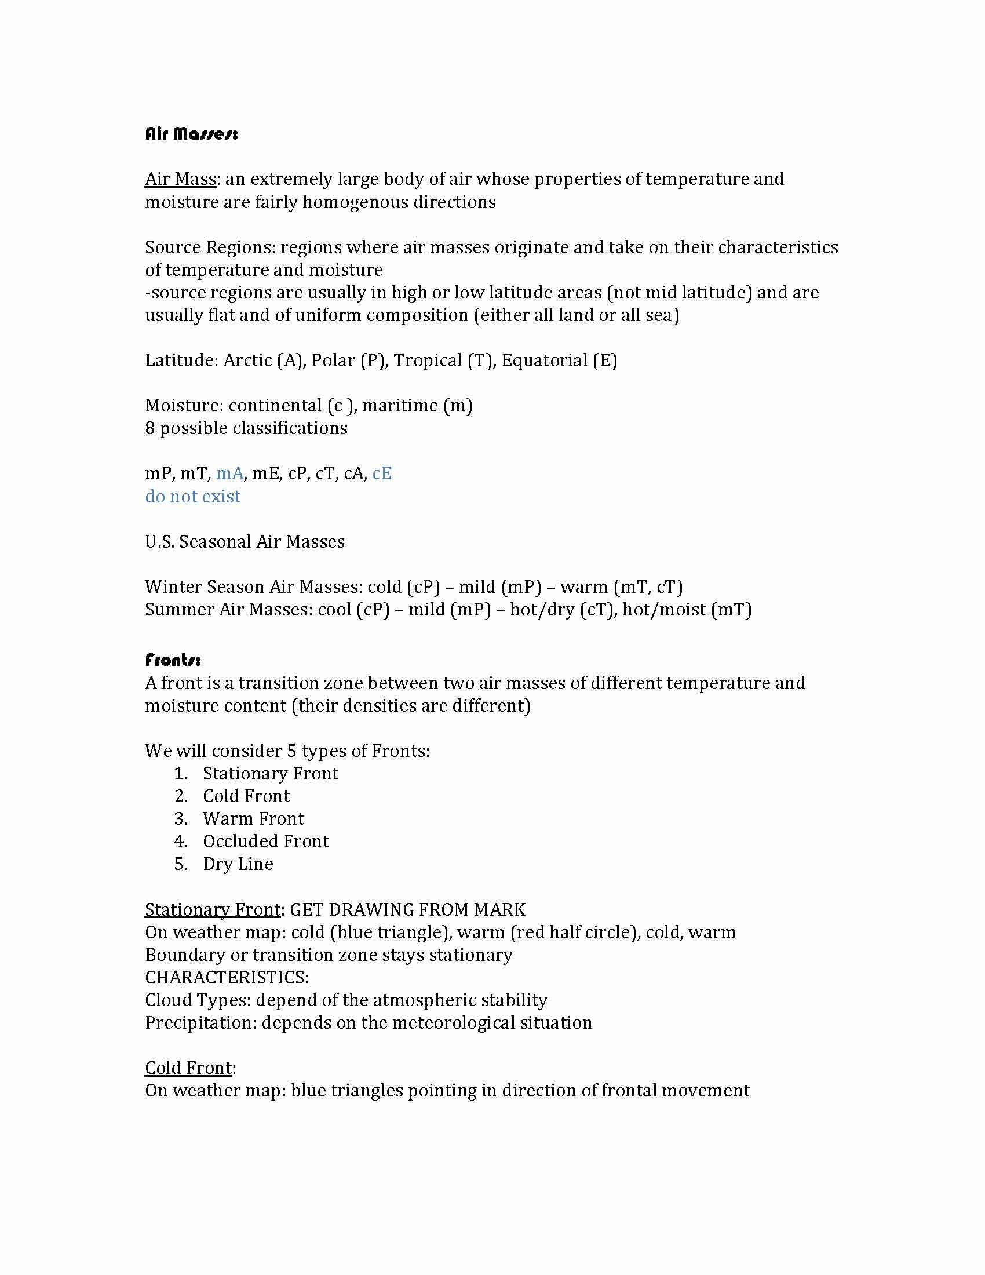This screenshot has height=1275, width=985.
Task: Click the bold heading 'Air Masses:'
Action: (x=191, y=134)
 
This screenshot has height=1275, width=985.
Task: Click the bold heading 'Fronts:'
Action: (x=173, y=660)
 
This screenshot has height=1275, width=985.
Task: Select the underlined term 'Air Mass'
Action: (x=180, y=178)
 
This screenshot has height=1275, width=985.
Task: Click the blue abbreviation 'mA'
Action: (x=229, y=473)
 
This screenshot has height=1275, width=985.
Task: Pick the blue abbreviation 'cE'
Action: (x=382, y=473)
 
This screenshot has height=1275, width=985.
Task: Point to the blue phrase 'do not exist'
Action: (x=192, y=496)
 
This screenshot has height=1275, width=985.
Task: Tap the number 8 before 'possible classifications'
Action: (x=150, y=428)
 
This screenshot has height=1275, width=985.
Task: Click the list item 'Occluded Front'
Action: (x=265, y=842)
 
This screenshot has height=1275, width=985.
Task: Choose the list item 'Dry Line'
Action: (x=238, y=864)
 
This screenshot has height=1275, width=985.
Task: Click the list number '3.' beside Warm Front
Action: (x=181, y=818)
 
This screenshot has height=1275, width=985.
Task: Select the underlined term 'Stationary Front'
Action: (x=213, y=909)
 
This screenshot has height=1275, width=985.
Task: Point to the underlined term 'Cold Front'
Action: (x=188, y=1068)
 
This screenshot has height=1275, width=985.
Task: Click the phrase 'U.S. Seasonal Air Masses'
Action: (x=245, y=542)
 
